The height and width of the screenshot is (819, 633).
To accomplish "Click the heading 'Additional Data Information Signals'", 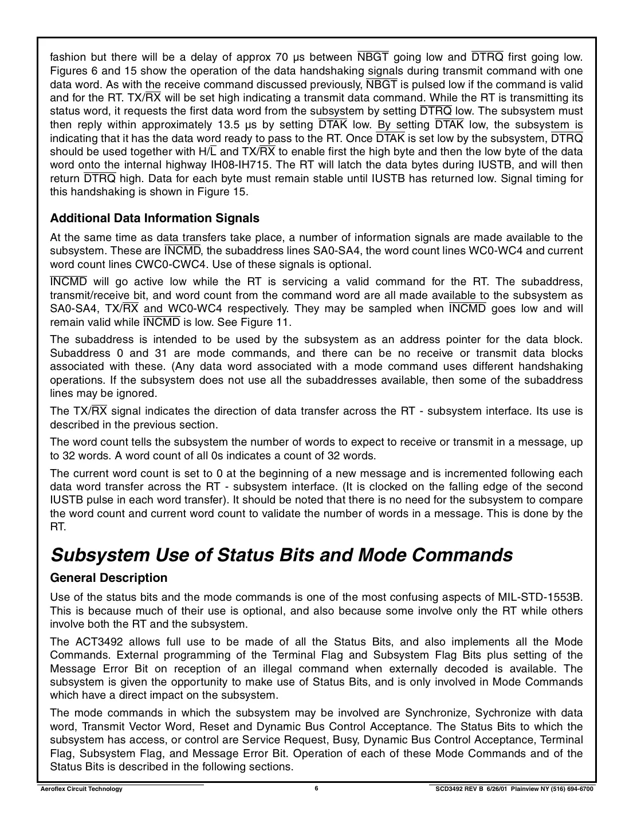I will pyautogui.click(x=155, y=218).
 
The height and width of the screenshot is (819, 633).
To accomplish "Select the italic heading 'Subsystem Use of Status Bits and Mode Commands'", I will pyautogui.click(x=281, y=555).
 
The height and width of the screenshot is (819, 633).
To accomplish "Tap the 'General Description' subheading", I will pyautogui.click(x=109, y=578).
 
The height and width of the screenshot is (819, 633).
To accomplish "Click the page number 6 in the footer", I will pyautogui.click(x=316, y=788).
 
